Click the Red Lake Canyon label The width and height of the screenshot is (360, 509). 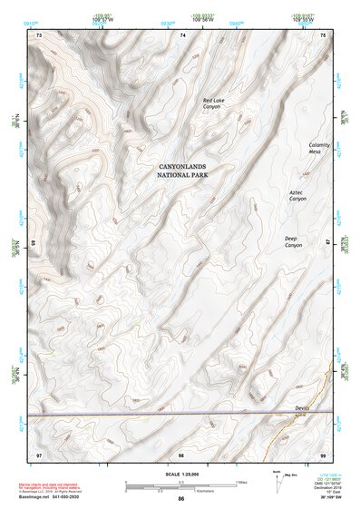212,103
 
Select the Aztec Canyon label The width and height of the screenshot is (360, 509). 298,195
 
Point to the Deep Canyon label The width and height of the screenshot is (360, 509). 293,242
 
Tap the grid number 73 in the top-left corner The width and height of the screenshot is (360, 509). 39,34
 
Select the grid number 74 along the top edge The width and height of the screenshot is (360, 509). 182,34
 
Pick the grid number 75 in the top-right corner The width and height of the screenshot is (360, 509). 324,34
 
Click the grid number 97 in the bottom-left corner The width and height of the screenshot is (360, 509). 39,453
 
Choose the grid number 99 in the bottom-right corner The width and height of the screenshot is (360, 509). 323,453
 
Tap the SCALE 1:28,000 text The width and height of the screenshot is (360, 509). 180,473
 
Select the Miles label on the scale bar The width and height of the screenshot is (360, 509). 240,481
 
